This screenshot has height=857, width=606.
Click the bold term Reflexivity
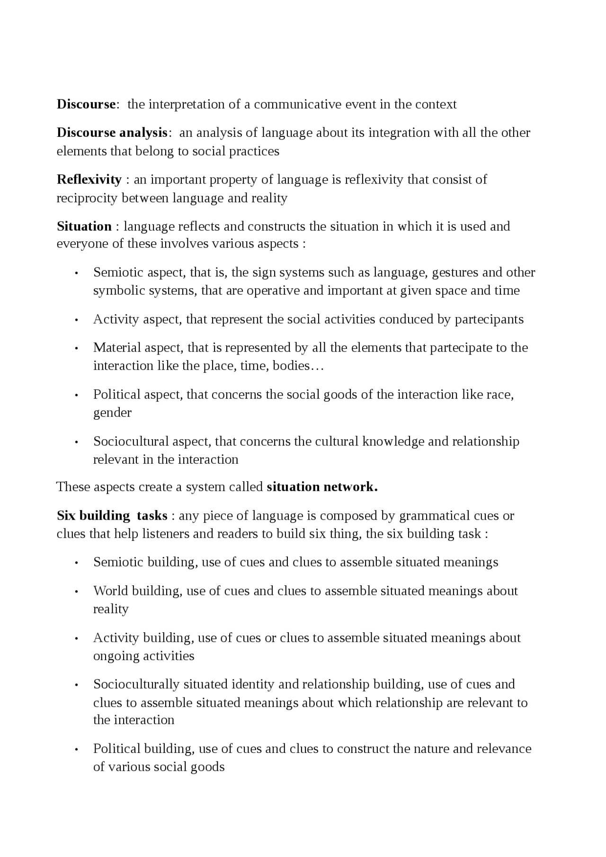click(x=89, y=179)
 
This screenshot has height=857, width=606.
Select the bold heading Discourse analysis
click(x=112, y=133)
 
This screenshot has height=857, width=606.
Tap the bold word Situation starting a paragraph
click(x=84, y=226)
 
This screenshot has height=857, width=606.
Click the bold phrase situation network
click(x=322, y=487)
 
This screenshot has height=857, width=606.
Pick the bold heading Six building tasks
click(x=112, y=515)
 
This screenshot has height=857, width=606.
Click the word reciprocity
click(x=87, y=198)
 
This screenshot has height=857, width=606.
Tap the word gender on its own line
click(x=112, y=413)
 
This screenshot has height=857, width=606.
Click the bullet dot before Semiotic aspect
click(x=76, y=274)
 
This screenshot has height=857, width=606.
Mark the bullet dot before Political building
click(x=76, y=750)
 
